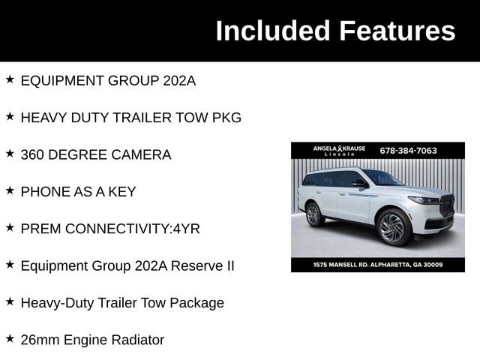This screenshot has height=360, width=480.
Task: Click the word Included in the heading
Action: coord(273,31)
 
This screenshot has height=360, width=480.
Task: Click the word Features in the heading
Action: coord(397,31)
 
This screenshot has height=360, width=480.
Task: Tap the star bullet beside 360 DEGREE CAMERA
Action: coord(10,154)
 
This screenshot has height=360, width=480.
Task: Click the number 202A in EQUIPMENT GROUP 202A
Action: coord(179,81)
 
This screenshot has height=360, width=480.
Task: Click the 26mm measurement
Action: coord(41,340)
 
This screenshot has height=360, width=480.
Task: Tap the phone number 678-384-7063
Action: coord(408,151)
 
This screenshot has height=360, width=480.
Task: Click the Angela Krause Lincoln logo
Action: coord(339,151)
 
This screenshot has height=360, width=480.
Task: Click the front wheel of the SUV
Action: coord(393,226)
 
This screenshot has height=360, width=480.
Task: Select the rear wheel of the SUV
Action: coord(313,214)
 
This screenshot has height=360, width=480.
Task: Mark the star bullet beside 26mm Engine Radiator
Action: coord(10,338)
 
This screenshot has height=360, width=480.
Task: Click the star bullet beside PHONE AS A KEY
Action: coord(10,190)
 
